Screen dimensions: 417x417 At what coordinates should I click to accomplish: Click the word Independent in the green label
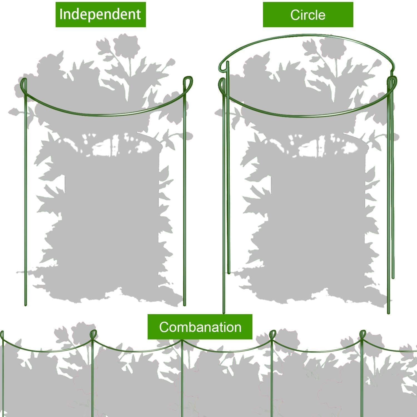tap(100, 14)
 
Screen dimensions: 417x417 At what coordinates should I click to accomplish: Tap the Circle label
tap(308, 15)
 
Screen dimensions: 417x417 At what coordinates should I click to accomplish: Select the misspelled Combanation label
tap(200, 327)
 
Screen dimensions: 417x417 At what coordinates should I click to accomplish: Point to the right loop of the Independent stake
tap(187, 82)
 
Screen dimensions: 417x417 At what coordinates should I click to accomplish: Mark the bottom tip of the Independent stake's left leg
tap(26, 305)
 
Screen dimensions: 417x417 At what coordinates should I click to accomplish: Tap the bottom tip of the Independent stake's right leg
tap(184, 305)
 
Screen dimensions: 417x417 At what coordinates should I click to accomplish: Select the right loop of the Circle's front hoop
tap(393, 83)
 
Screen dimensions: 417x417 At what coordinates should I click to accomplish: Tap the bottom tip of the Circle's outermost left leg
tap(224, 313)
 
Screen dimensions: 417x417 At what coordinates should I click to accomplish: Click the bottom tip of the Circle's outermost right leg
tap(389, 313)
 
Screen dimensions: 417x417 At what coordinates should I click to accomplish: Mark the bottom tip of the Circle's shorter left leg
tap(229, 273)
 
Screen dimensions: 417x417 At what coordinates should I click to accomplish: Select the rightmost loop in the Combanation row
tap(363, 335)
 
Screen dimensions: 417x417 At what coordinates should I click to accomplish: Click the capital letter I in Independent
tap(61, 14)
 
